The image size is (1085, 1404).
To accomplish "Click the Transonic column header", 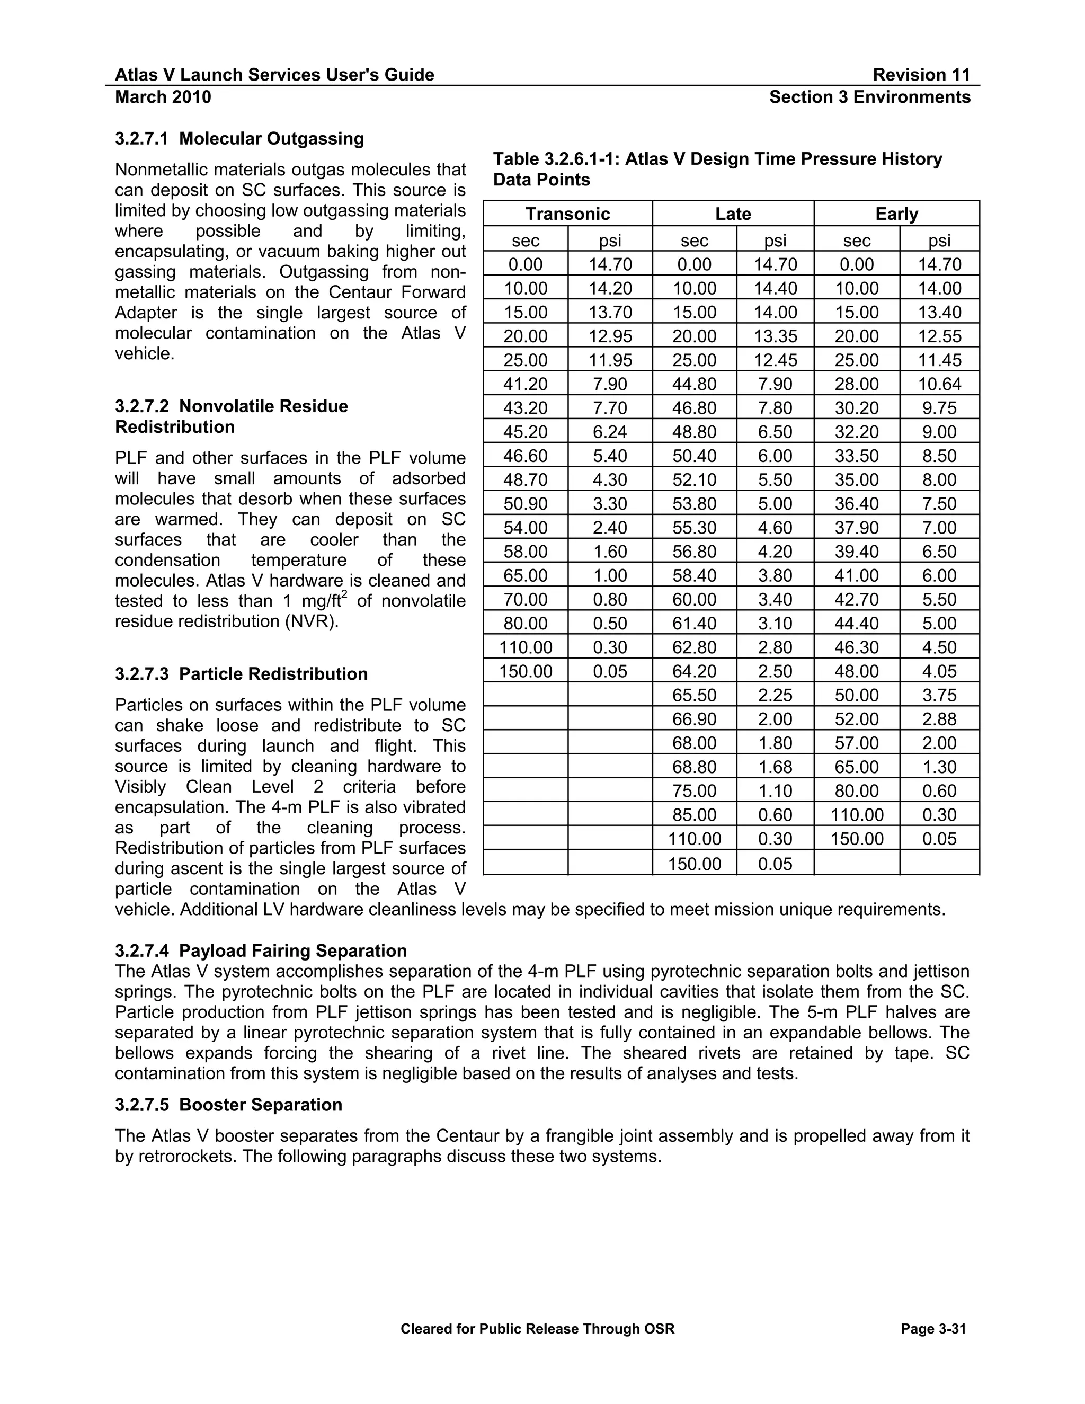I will pyautogui.click(x=567, y=214).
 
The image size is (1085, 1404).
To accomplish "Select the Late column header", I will pyautogui.click(x=733, y=214).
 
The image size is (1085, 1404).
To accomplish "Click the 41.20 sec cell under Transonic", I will pyautogui.click(x=525, y=385).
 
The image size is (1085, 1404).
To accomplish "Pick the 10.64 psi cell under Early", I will pyautogui.click(x=939, y=385).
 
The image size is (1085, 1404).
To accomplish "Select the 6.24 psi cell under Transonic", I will pyautogui.click(x=609, y=432).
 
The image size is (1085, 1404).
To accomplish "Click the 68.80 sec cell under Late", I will pyautogui.click(x=694, y=767).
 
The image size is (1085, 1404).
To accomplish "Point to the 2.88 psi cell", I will pyautogui.click(x=939, y=719).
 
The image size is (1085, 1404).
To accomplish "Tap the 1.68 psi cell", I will pyautogui.click(x=775, y=767).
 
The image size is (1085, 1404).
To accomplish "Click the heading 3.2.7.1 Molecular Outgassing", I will pyautogui.click(x=239, y=139).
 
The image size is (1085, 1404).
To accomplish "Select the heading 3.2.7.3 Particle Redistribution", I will pyautogui.click(x=241, y=674).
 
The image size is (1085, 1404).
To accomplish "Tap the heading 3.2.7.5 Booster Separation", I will pyautogui.click(x=228, y=1105).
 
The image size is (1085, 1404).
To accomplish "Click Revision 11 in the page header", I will pyautogui.click(x=921, y=75).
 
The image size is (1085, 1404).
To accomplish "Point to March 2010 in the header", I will pyautogui.click(x=163, y=97).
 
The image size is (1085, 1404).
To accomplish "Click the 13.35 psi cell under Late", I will pyautogui.click(x=775, y=336).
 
